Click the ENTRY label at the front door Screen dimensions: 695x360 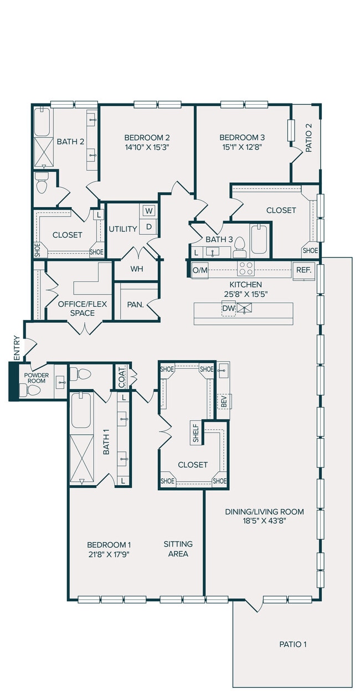coord(16,348)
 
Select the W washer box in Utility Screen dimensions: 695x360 coord(148,211)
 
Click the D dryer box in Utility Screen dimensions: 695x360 coord(148,226)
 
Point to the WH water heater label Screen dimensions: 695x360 coord(136,269)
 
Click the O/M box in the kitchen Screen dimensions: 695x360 coord(200,270)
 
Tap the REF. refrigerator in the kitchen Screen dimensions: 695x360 coord(304,270)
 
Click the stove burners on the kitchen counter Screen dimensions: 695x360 coord(246,269)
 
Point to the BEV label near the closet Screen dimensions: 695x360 coord(224,401)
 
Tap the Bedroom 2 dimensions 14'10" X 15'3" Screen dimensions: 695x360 coord(146,148)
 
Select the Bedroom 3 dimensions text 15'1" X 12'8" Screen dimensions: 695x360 coord(240,148)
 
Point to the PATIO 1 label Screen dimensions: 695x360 coord(293,644)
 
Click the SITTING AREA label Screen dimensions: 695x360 coord(177,549)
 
